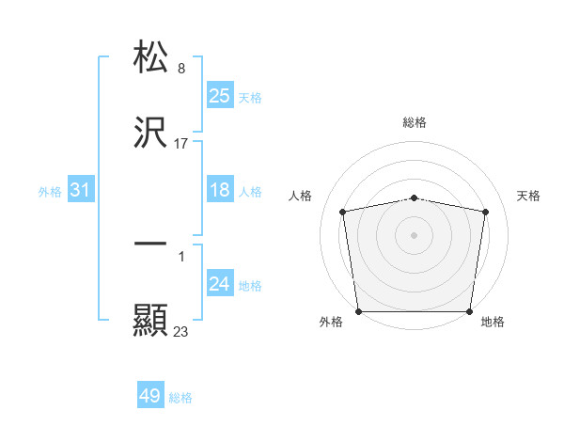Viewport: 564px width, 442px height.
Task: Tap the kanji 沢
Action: click(150, 134)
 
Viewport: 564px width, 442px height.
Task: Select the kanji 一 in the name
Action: click(150, 243)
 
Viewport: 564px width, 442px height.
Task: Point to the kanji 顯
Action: click(150, 321)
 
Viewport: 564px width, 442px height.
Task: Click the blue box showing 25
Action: click(219, 95)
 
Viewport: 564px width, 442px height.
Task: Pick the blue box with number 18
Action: click(219, 190)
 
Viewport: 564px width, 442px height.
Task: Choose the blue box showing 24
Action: click(219, 284)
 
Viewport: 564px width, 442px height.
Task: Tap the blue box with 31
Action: click(81, 190)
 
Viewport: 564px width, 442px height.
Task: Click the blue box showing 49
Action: click(150, 396)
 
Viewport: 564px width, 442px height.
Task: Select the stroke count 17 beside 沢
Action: click(181, 144)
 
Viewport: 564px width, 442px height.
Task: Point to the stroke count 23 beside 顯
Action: click(181, 331)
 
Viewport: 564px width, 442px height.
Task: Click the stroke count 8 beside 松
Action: click(181, 68)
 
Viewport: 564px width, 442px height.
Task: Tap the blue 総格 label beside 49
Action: click(180, 398)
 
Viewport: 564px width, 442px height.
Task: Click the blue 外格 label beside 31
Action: click(50, 192)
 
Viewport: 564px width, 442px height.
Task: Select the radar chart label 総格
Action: click(415, 122)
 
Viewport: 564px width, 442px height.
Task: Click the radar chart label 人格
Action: click(300, 196)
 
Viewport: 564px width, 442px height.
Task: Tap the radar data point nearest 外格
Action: click(358, 311)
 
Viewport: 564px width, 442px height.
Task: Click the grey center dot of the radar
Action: click(415, 234)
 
